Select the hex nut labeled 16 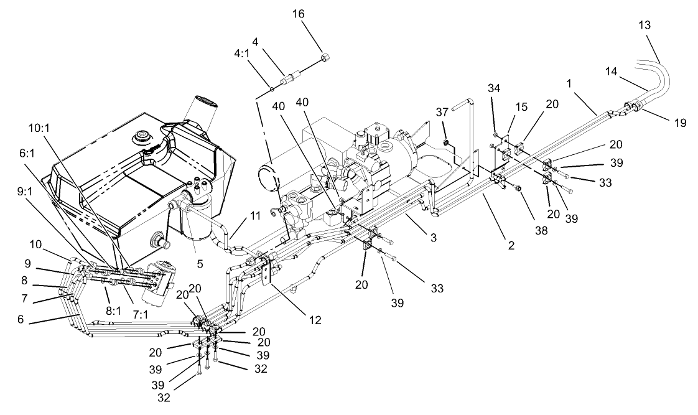coord(325,58)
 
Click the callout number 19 coord(679,123)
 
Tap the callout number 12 coord(315,320)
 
